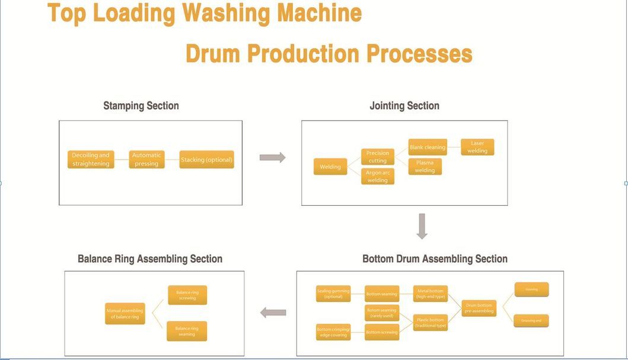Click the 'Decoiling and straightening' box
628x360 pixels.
[91, 159]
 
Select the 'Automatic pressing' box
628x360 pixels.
[146, 159]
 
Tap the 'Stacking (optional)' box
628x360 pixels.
[206, 160]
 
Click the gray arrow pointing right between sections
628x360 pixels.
[272, 157]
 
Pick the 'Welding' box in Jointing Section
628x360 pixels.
[330, 167]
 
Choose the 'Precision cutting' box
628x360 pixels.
[377, 157]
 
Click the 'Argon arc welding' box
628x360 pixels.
[377, 176]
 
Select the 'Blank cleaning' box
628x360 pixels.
[427, 147]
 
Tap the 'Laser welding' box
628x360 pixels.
[477, 147]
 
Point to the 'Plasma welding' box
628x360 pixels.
[425, 166]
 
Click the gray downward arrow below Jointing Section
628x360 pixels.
[422, 226]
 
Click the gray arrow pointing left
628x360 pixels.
[273, 313]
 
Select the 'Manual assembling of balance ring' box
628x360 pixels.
[125, 314]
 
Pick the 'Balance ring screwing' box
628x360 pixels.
[187, 295]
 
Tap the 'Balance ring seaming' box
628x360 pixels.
[187, 331]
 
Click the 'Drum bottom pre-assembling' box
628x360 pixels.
[479, 308]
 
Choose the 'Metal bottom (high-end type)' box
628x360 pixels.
[430, 294]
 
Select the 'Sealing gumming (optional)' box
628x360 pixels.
[333, 293]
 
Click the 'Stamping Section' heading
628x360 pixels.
[141, 106]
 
